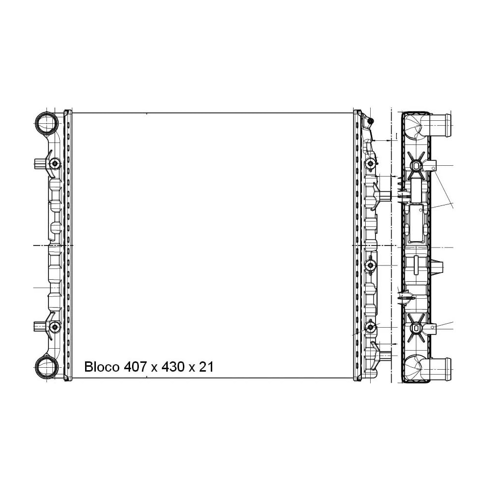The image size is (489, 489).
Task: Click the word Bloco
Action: point(102,367)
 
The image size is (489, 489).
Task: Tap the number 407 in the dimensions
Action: point(135,367)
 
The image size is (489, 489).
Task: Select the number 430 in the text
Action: point(173,367)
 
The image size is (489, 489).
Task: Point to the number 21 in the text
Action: point(206,367)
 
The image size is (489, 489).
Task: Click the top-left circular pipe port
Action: point(46,123)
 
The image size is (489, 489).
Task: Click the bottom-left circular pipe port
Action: point(46,367)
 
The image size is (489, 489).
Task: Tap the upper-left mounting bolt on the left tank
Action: point(55,163)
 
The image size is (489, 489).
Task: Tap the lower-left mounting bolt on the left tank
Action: point(55,327)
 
